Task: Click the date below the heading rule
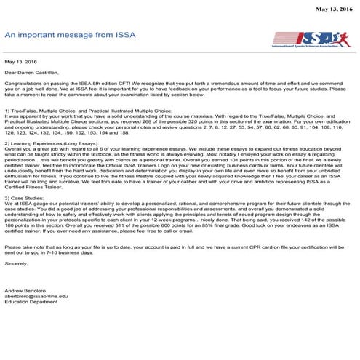[21, 61]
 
